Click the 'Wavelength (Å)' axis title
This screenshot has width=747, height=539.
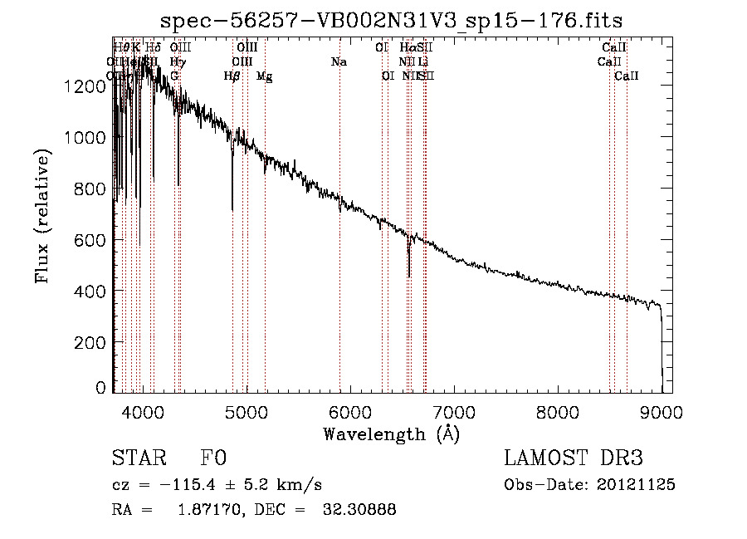coord(391,434)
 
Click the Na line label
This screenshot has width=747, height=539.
coord(339,61)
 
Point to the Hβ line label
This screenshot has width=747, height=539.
coord(232,76)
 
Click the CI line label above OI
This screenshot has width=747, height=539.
coord(382,47)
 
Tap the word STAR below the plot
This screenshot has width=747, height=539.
coord(136,458)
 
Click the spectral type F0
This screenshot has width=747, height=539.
coord(213,458)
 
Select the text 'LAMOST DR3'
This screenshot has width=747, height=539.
coord(573,458)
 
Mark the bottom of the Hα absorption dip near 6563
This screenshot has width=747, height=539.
coord(408,277)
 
